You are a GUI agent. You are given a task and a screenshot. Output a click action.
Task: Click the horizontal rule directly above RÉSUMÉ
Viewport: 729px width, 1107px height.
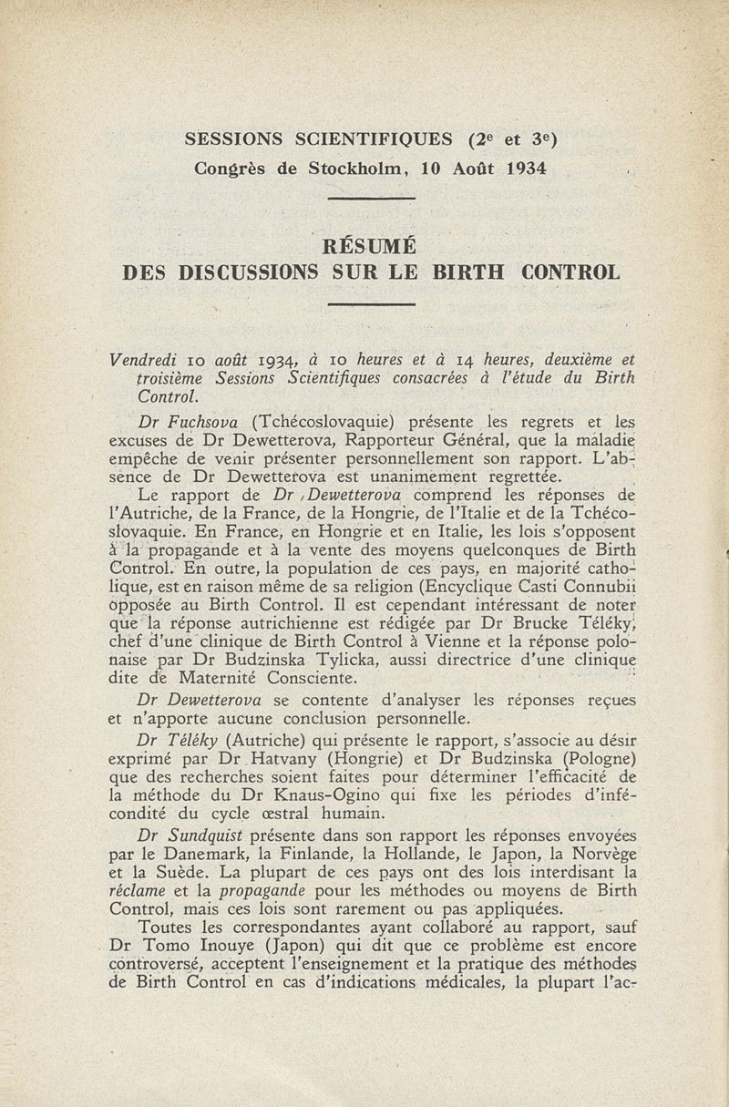(370, 198)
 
